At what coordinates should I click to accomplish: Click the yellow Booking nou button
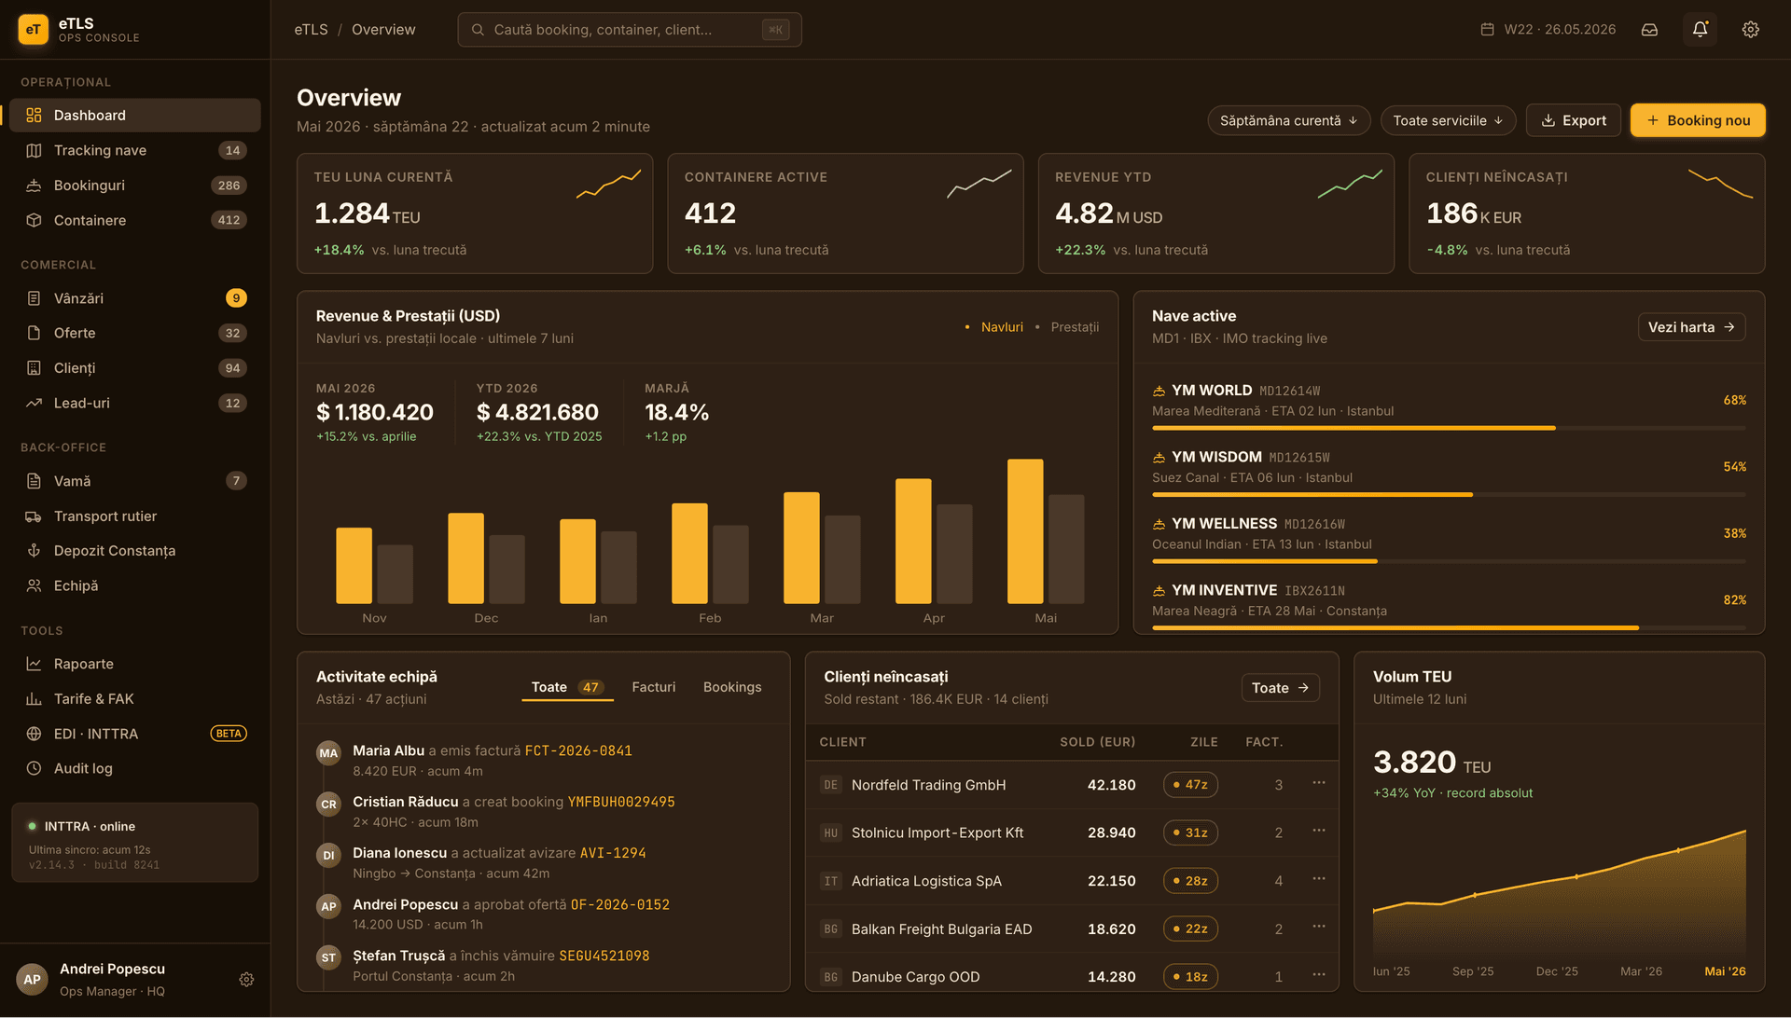click(1698, 120)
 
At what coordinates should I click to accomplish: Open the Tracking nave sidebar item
click(100, 150)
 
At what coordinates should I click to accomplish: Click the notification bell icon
click(1700, 30)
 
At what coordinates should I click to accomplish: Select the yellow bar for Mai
click(1025, 531)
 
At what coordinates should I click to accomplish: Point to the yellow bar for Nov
click(354, 565)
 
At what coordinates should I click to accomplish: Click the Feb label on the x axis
click(710, 618)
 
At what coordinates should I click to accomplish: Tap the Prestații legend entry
click(1075, 327)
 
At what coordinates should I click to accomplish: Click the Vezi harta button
click(1691, 327)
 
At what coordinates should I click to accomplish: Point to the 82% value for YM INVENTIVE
click(1734, 600)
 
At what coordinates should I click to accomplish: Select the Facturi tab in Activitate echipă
click(653, 687)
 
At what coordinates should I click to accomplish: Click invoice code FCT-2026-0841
click(578, 750)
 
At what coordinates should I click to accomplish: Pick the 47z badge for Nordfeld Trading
click(1190, 785)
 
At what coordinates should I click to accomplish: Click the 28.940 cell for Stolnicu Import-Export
click(1111, 832)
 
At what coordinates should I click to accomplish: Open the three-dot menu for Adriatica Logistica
click(1318, 879)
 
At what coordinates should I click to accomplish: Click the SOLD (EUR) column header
click(1097, 742)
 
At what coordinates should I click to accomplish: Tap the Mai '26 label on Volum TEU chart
click(1725, 971)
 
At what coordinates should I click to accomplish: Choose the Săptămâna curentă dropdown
click(1288, 120)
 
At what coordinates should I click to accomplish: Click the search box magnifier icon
click(478, 30)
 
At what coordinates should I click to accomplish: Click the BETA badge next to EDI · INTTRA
click(229, 734)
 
